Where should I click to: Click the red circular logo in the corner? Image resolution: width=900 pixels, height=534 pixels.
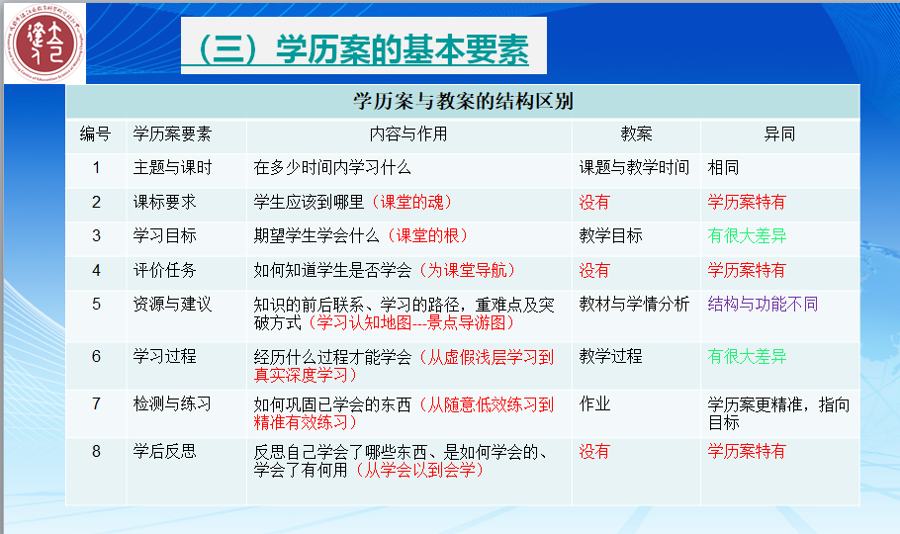(x=45, y=44)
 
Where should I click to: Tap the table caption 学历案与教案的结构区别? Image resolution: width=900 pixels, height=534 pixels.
(x=463, y=101)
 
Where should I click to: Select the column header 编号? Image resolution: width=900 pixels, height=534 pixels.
(x=95, y=134)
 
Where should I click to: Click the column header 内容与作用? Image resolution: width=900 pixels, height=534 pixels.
(x=408, y=134)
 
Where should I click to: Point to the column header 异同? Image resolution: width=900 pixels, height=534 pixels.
(x=779, y=134)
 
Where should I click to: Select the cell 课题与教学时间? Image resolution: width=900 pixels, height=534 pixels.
(x=634, y=168)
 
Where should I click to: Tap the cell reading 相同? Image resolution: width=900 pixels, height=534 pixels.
(x=723, y=168)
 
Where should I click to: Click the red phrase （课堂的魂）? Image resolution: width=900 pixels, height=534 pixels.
(x=412, y=202)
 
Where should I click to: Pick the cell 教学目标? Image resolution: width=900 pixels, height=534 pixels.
(x=611, y=236)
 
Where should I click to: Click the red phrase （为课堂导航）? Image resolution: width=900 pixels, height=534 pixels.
(x=467, y=270)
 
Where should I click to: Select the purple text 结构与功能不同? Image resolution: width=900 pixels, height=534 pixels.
(x=763, y=305)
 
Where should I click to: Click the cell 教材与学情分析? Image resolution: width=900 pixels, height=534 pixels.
(x=634, y=305)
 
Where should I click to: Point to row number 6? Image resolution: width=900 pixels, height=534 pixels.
(x=97, y=357)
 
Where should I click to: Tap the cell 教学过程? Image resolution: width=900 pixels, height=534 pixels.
(x=611, y=357)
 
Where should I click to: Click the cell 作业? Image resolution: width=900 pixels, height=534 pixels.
(x=594, y=404)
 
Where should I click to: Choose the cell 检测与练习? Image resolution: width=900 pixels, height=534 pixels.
(x=173, y=404)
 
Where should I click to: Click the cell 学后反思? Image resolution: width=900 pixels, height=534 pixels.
(x=165, y=451)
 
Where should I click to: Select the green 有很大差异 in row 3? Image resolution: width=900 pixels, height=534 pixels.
(x=747, y=236)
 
